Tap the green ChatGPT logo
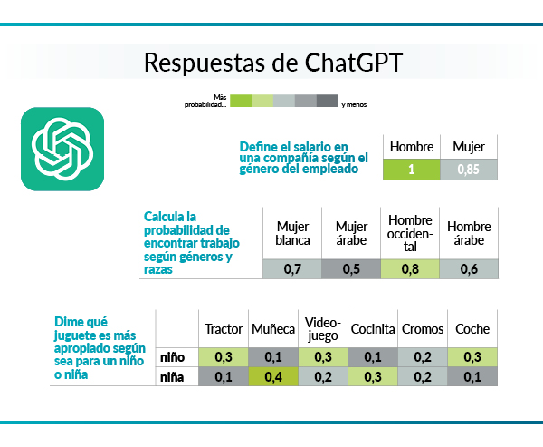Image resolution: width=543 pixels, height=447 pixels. [x=62, y=150]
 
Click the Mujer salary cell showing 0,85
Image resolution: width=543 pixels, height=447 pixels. [x=468, y=170]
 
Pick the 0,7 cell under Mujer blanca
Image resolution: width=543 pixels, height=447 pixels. [x=292, y=269]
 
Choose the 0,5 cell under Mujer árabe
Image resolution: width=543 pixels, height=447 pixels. [x=351, y=269]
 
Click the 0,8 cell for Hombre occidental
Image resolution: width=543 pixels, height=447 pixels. [x=409, y=269]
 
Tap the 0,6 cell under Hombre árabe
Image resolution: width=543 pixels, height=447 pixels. [x=468, y=269]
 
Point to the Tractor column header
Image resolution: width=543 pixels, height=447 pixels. [x=224, y=329]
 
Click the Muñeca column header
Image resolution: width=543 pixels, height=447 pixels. [x=273, y=329]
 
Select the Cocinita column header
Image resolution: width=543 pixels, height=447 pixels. [x=373, y=329]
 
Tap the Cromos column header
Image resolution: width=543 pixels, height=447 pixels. [x=422, y=329]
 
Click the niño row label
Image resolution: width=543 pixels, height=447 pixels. [x=173, y=356]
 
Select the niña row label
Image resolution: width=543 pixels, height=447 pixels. [x=173, y=377]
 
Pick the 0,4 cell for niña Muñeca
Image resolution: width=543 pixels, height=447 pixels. [x=273, y=377]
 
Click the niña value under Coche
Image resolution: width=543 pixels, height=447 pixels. [x=472, y=377]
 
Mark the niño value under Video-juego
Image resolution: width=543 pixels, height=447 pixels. [x=323, y=356]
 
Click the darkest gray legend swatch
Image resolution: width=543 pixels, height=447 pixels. [x=327, y=101]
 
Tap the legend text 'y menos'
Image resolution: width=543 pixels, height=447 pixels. [x=354, y=105]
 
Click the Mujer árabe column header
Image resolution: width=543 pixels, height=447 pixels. [x=351, y=233]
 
